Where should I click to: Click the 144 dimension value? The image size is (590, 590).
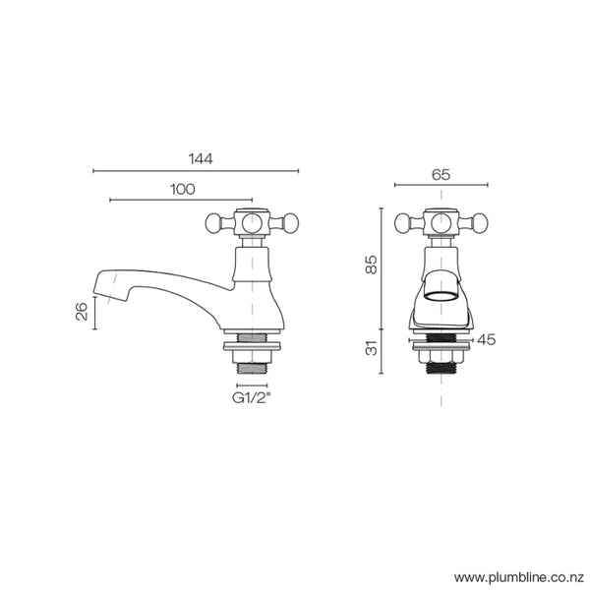(x=199, y=157)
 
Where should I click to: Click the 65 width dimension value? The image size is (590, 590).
(x=441, y=173)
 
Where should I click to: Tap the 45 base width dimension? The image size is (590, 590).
(x=486, y=339)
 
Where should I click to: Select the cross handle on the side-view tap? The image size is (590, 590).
(x=254, y=222)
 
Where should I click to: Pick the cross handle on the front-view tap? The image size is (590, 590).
(x=441, y=222)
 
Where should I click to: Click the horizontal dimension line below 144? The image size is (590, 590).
(x=197, y=171)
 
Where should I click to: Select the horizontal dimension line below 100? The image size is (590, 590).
(x=181, y=201)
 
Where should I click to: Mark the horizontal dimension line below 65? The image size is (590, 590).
(x=441, y=185)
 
